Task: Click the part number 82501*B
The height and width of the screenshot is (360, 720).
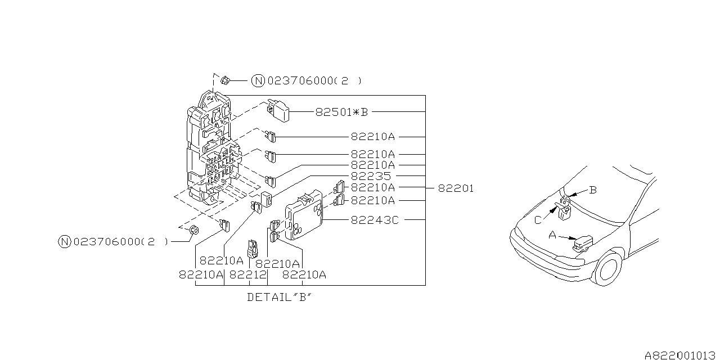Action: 341,112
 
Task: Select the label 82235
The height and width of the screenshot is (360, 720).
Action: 371,176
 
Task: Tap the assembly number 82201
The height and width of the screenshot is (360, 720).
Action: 456,188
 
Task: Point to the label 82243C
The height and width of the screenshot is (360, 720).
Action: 374,220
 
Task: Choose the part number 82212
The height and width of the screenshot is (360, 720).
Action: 248,274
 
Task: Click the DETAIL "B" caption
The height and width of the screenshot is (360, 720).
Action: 279,297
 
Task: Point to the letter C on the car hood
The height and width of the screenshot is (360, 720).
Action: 538,220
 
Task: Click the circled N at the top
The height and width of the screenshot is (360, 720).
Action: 258,81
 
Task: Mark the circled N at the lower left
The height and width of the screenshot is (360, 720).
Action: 65,242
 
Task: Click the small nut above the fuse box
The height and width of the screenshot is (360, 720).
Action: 224,80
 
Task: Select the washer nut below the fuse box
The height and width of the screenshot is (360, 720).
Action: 193,229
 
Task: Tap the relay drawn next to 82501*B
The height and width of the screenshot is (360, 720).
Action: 278,110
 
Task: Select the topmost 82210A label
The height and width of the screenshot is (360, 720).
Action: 373,137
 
